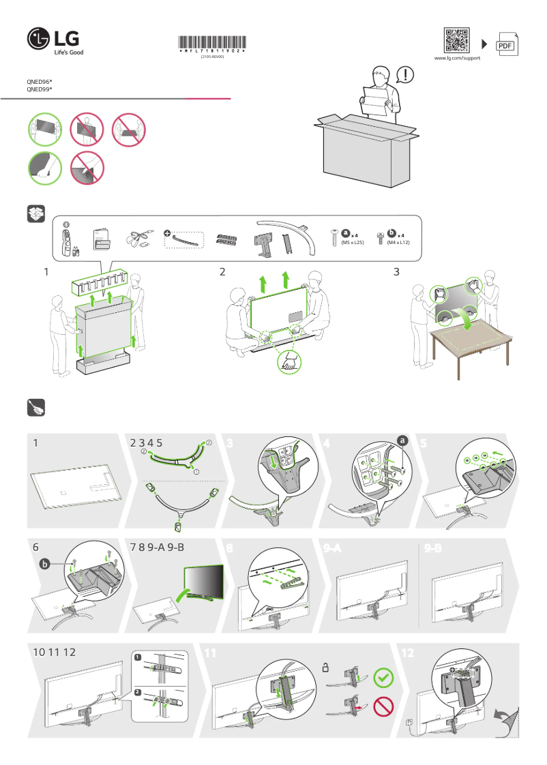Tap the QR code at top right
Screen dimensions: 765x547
(x=457, y=40)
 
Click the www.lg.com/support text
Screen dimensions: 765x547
(x=457, y=59)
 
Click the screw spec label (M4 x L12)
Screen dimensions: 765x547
(x=398, y=243)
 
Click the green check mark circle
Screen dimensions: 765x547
(x=384, y=678)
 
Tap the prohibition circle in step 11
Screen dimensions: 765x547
(x=384, y=706)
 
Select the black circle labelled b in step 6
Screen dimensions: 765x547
(x=46, y=564)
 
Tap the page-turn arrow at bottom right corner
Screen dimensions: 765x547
(x=506, y=720)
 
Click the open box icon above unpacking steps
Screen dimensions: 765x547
(x=35, y=213)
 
